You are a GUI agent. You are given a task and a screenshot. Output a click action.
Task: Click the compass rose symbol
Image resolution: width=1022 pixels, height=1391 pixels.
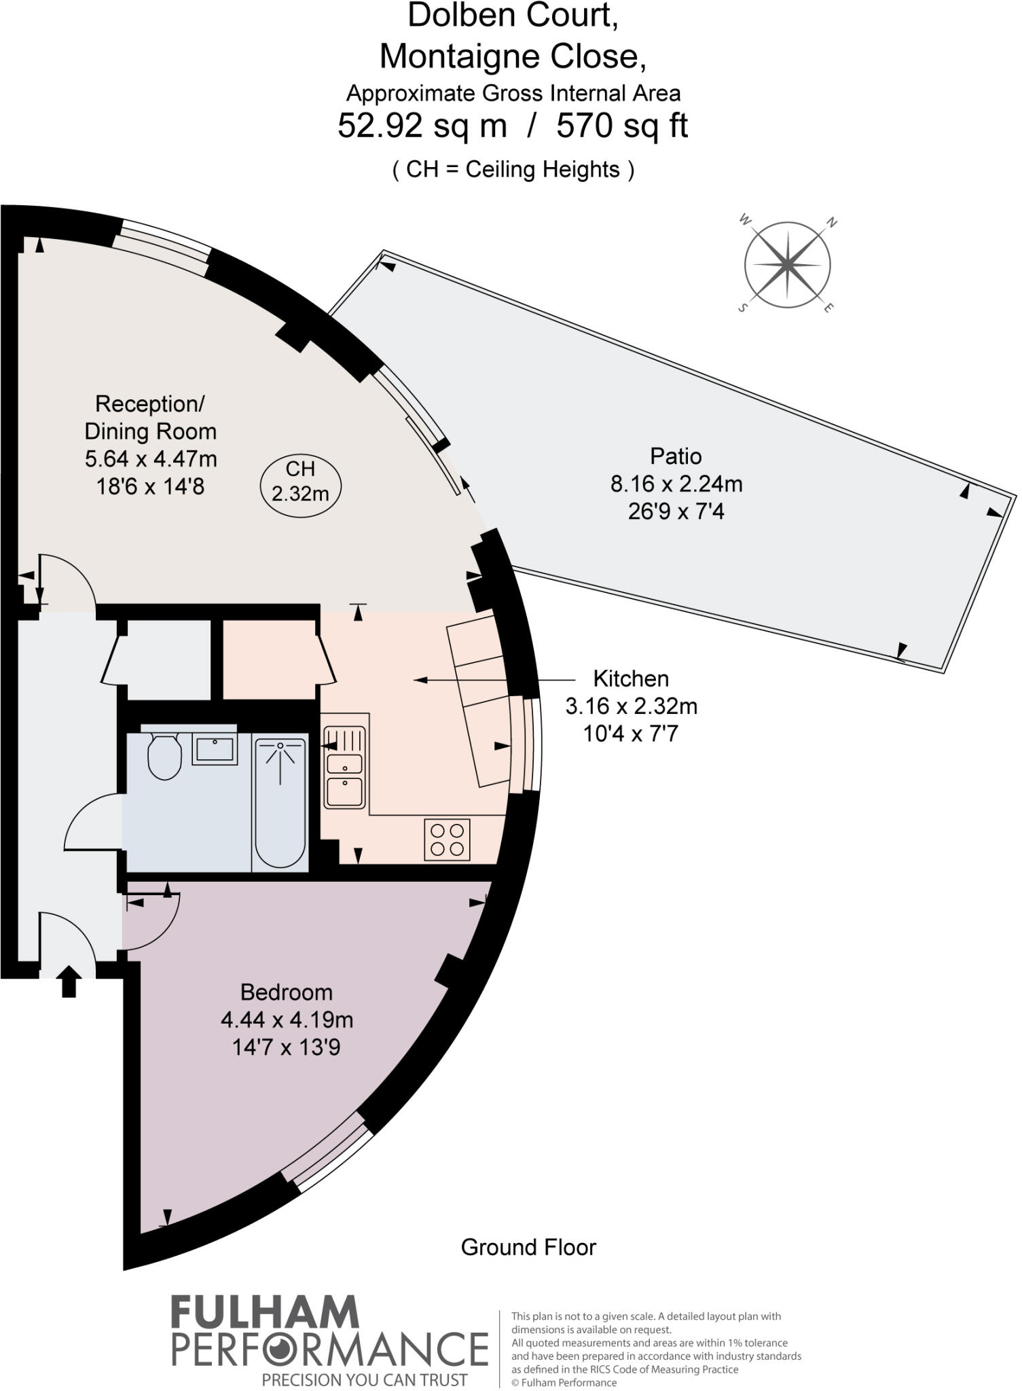(786, 264)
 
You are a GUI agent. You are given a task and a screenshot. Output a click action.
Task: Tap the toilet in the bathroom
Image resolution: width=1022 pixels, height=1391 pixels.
(164, 756)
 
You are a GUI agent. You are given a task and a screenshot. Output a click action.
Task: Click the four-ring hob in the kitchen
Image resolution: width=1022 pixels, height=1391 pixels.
(448, 839)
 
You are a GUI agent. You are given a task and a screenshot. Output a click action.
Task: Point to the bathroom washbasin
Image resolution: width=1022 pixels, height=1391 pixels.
(215, 749)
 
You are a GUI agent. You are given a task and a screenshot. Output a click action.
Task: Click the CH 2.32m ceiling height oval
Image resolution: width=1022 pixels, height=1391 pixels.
(300, 481)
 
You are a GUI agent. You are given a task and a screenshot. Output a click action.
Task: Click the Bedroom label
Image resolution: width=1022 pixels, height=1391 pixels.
(287, 992)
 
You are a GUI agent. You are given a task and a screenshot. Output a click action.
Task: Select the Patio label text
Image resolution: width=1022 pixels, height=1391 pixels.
(675, 456)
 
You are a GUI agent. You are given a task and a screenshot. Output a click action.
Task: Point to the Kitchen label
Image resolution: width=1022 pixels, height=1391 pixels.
(631, 679)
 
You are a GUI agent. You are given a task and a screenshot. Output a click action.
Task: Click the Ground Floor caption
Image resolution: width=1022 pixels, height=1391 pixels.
(528, 1247)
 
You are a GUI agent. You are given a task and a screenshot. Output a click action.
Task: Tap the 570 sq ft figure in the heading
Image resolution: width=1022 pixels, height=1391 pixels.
(622, 126)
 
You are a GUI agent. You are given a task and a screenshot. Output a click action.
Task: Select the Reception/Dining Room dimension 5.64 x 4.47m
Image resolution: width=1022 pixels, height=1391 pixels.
(151, 459)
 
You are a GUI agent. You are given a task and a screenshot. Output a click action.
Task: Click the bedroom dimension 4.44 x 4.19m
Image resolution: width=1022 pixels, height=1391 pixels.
(287, 1020)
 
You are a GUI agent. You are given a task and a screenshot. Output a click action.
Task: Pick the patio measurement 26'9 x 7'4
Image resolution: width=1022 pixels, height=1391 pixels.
(676, 511)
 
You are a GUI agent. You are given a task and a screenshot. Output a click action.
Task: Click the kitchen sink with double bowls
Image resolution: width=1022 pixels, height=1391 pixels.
(345, 767)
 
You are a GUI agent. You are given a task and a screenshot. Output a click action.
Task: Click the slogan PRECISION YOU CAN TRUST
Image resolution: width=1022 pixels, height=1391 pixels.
(365, 1379)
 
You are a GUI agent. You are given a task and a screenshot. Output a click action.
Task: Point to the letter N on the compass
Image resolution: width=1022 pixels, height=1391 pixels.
(832, 223)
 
